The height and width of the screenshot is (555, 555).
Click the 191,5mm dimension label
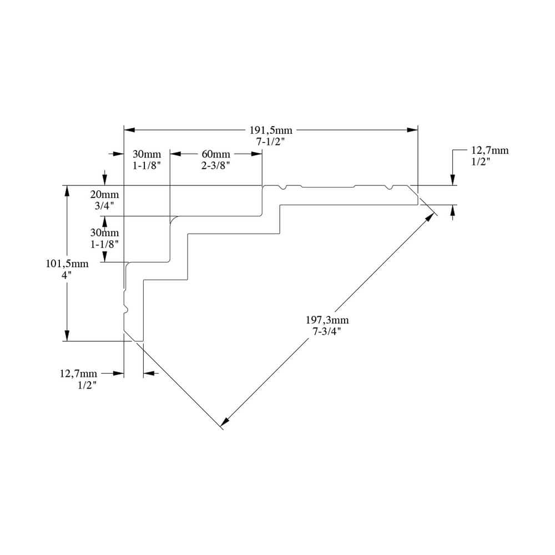270,130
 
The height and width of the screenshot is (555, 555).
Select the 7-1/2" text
270,142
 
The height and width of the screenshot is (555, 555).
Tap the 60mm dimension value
215,154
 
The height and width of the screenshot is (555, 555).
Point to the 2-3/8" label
215,165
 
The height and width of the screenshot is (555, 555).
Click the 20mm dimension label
104,195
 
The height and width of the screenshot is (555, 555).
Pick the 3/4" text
104,205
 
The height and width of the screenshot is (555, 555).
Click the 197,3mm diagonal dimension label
327,320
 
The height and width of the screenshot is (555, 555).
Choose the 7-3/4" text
327,331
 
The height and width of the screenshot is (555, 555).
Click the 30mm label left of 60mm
147,154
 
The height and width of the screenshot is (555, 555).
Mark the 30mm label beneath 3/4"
104,233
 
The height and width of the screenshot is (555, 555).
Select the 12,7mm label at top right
490,150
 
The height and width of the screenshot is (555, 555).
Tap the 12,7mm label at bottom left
78,374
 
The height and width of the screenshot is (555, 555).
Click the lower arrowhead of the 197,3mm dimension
225,422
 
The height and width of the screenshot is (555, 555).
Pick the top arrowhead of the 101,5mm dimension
67,190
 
